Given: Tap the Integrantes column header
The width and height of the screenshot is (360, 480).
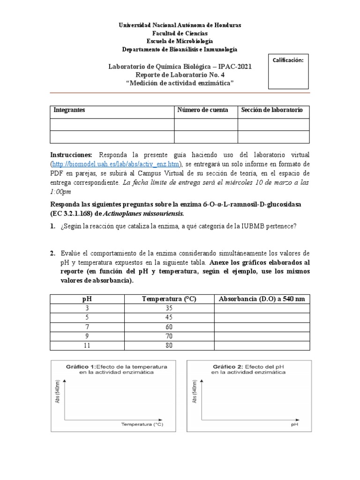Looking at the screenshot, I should (69, 110).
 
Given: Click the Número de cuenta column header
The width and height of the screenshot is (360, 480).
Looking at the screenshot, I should (202, 110).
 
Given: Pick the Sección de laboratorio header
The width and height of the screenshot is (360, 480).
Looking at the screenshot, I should (272, 110).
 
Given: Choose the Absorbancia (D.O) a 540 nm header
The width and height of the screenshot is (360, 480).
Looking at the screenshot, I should (261, 299).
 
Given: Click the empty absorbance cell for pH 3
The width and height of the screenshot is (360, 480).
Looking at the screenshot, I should (261, 308).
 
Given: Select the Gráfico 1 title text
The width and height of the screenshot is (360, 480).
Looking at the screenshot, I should (116, 368).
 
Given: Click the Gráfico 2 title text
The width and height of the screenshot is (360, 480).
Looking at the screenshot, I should (248, 368).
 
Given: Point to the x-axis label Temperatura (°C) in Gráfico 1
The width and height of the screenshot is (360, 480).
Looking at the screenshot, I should (142, 424).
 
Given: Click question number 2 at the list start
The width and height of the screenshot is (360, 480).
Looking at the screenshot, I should (52, 254).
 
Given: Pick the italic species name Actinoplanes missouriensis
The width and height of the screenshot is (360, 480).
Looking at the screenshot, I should (141, 214).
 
